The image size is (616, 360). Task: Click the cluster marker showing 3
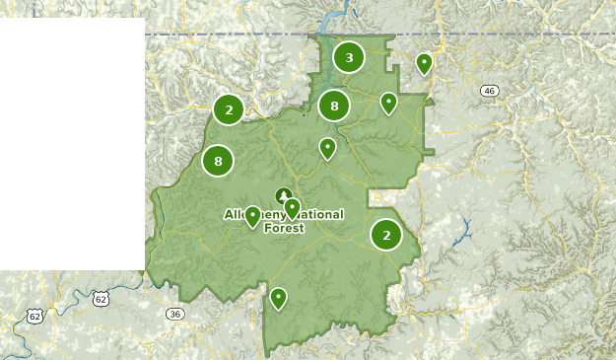coord(349,58)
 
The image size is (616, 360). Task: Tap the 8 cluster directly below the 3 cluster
coord(334,106)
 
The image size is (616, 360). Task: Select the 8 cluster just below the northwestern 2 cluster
coord(218,161)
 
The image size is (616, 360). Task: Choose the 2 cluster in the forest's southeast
coord(386,235)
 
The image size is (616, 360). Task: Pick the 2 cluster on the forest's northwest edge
coord(229,109)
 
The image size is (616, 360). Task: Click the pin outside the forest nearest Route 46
coord(425,64)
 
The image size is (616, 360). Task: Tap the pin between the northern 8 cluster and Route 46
coord(389,102)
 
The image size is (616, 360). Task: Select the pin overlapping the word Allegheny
coord(252,215)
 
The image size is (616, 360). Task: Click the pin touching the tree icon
coord(292,208)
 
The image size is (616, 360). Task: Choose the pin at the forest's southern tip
coord(279,297)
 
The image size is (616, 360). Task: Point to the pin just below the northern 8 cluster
coord(327,148)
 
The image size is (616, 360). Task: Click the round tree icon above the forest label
coord(283,195)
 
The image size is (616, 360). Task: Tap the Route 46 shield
coord(489,91)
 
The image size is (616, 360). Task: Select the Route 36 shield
coord(175,314)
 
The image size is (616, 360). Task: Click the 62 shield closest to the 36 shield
coord(100,297)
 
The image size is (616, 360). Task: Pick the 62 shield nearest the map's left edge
coord(35,316)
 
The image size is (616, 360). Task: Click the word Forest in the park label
coord(284,228)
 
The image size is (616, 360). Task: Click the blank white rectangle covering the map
coord(72,143)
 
